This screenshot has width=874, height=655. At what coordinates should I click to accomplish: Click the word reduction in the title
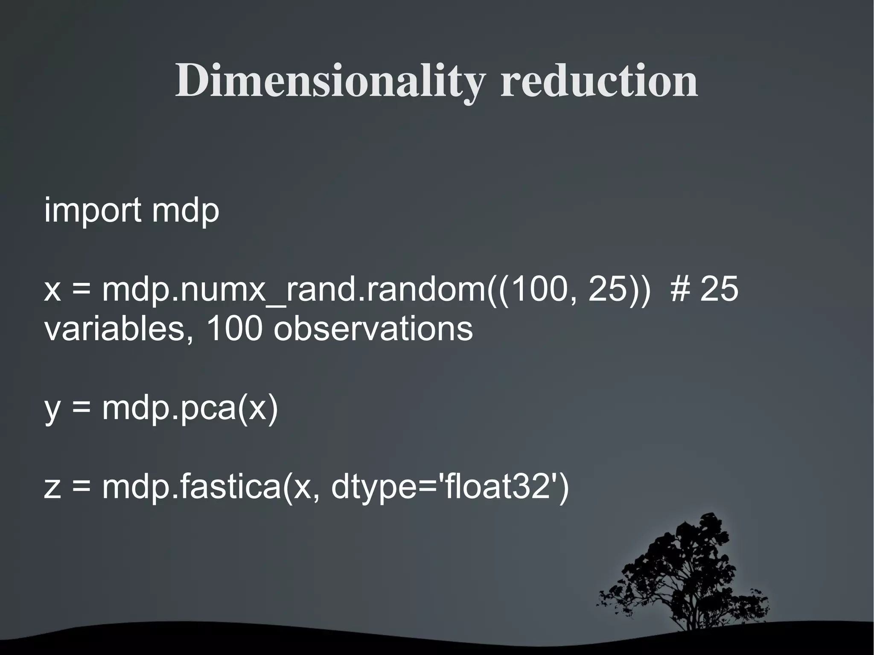coord(599,81)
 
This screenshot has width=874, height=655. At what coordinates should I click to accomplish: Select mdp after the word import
coord(185,210)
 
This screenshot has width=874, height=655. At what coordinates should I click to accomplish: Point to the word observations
coord(373,329)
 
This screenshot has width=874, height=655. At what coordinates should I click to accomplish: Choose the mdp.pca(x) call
coord(190,408)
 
